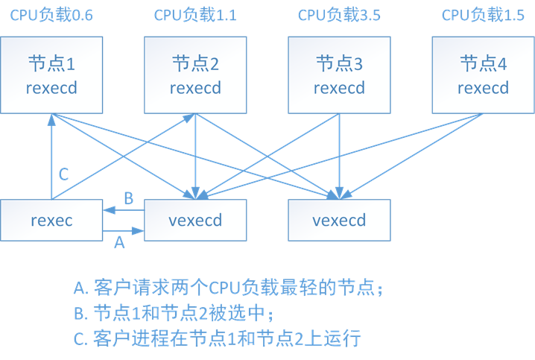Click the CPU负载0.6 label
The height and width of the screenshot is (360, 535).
click(x=51, y=15)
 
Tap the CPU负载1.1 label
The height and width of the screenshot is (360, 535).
click(x=195, y=15)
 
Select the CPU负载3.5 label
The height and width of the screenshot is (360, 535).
click(x=339, y=15)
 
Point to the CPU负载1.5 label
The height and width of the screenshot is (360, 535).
click(x=483, y=15)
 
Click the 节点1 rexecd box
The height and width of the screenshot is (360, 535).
click(x=51, y=75)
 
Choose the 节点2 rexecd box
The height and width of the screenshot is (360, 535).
click(x=195, y=75)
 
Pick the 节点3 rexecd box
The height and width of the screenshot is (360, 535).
click(x=339, y=75)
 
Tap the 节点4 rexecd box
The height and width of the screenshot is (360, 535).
click(x=483, y=75)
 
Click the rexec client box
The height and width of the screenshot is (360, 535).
click(x=51, y=220)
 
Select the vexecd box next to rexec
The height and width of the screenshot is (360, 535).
click(x=195, y=220)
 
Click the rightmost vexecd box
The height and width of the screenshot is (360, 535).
click(x=339, y=220)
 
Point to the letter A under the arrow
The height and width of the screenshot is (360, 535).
click(x=118, y=243)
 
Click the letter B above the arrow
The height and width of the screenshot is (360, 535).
click(x=127, y=198)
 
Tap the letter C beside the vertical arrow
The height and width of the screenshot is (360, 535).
click(x=63, y=174)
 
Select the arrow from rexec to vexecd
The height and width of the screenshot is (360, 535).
click(x=123, y=231)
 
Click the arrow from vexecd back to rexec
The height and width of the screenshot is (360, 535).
click(x=123, y=210)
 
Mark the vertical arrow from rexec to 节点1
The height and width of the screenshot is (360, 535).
click(x=51, y=157)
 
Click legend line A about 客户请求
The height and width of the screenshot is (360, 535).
click(x=232, y=288)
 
